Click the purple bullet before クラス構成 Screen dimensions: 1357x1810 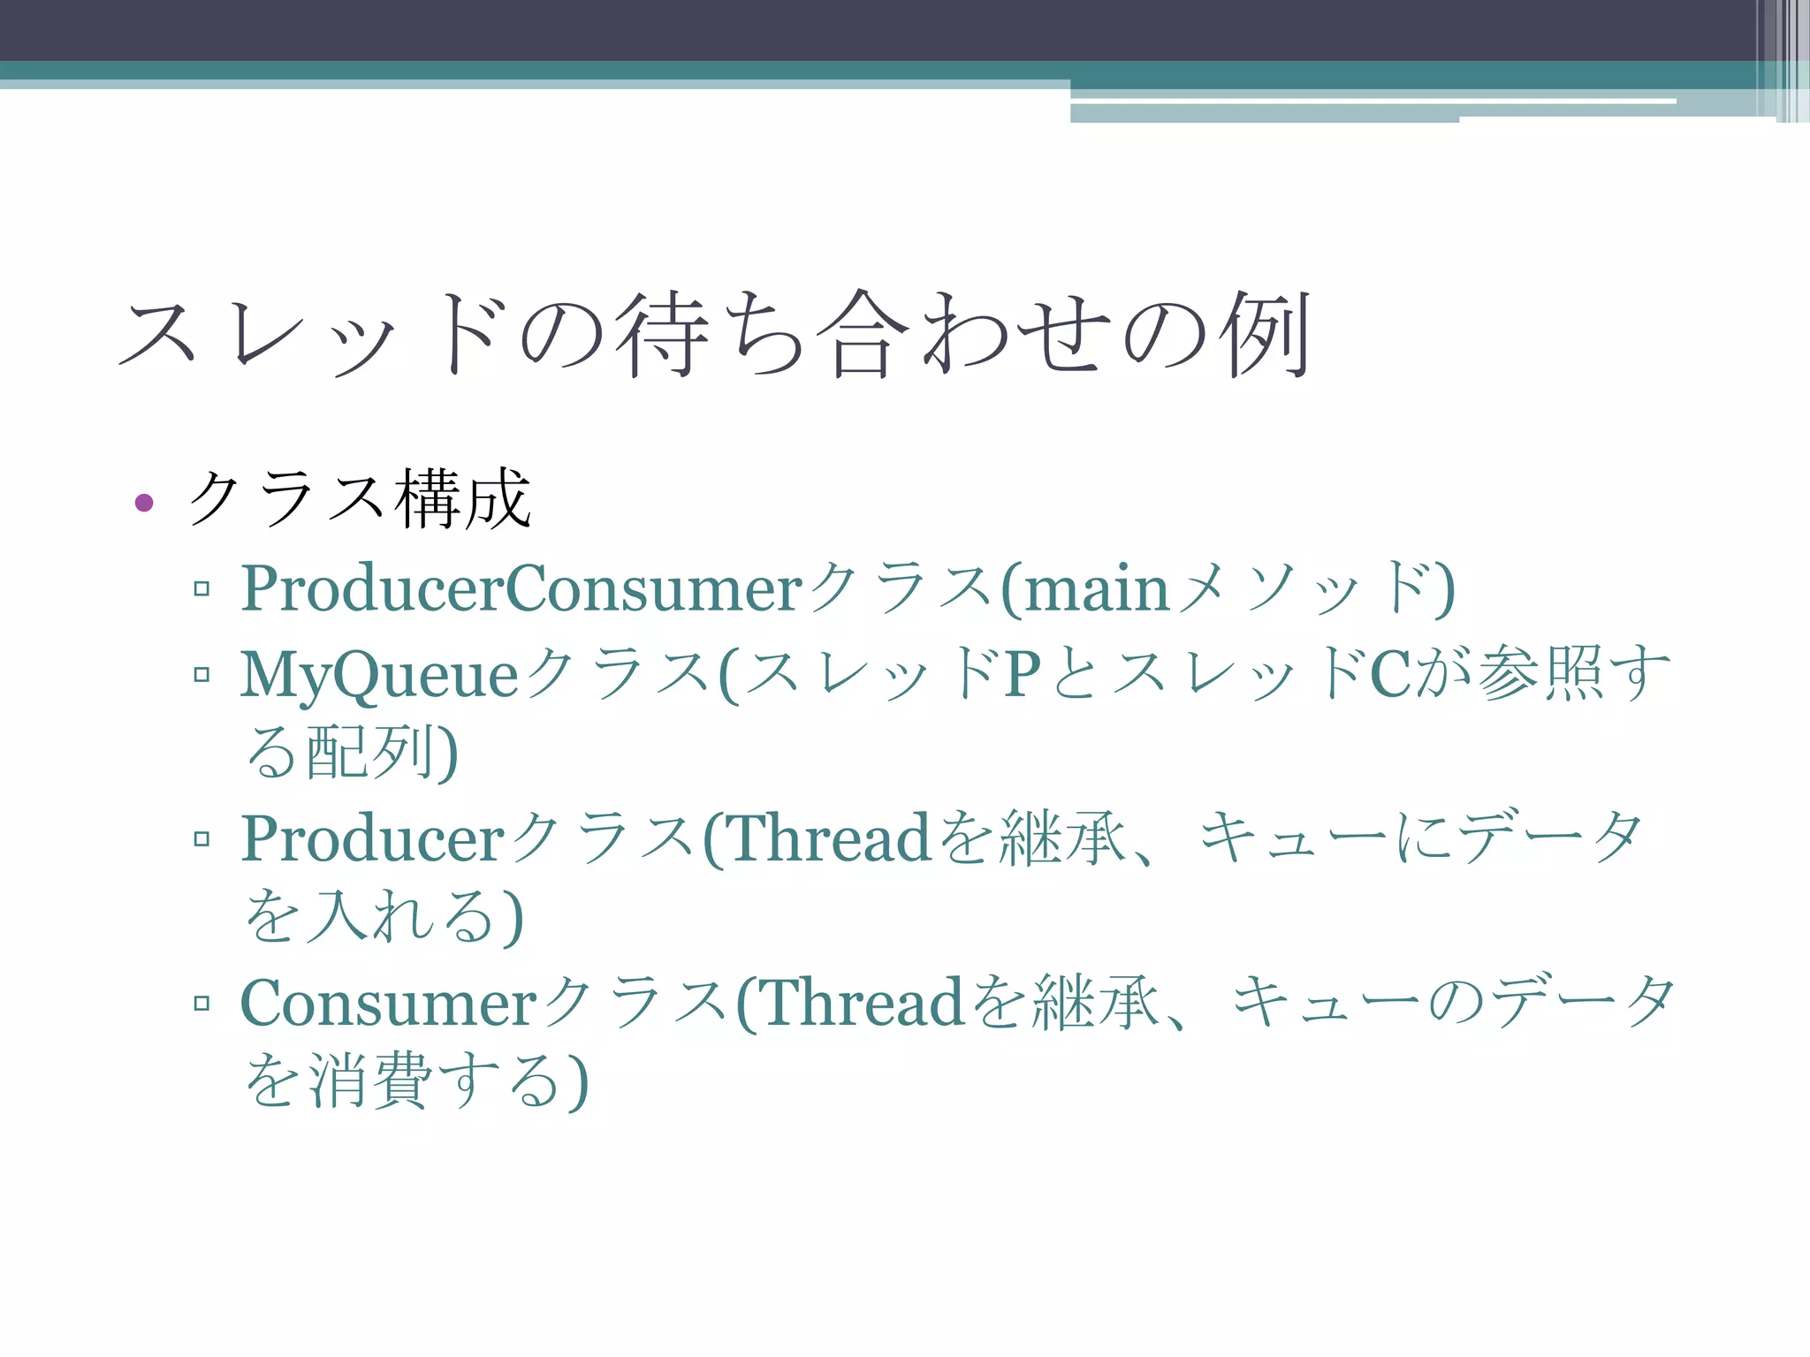(144, 504)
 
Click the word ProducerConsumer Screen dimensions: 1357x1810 (521, 588)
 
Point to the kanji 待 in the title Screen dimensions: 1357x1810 (663, 333)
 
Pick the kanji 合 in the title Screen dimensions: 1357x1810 (862, 333)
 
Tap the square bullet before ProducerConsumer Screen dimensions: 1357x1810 (202, 588)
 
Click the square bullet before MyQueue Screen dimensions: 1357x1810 (202, 675)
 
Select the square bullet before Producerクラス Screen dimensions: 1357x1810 (202, 838)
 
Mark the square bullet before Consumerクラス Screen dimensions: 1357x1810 (202, 1003)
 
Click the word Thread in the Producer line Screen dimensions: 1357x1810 (829, 838)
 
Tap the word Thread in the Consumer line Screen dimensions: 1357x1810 (862, 1003)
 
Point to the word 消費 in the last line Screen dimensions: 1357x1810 (371, 1080)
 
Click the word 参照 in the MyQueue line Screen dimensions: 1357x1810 (1542, 674)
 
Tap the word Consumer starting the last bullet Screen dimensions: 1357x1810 (389, 1004)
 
